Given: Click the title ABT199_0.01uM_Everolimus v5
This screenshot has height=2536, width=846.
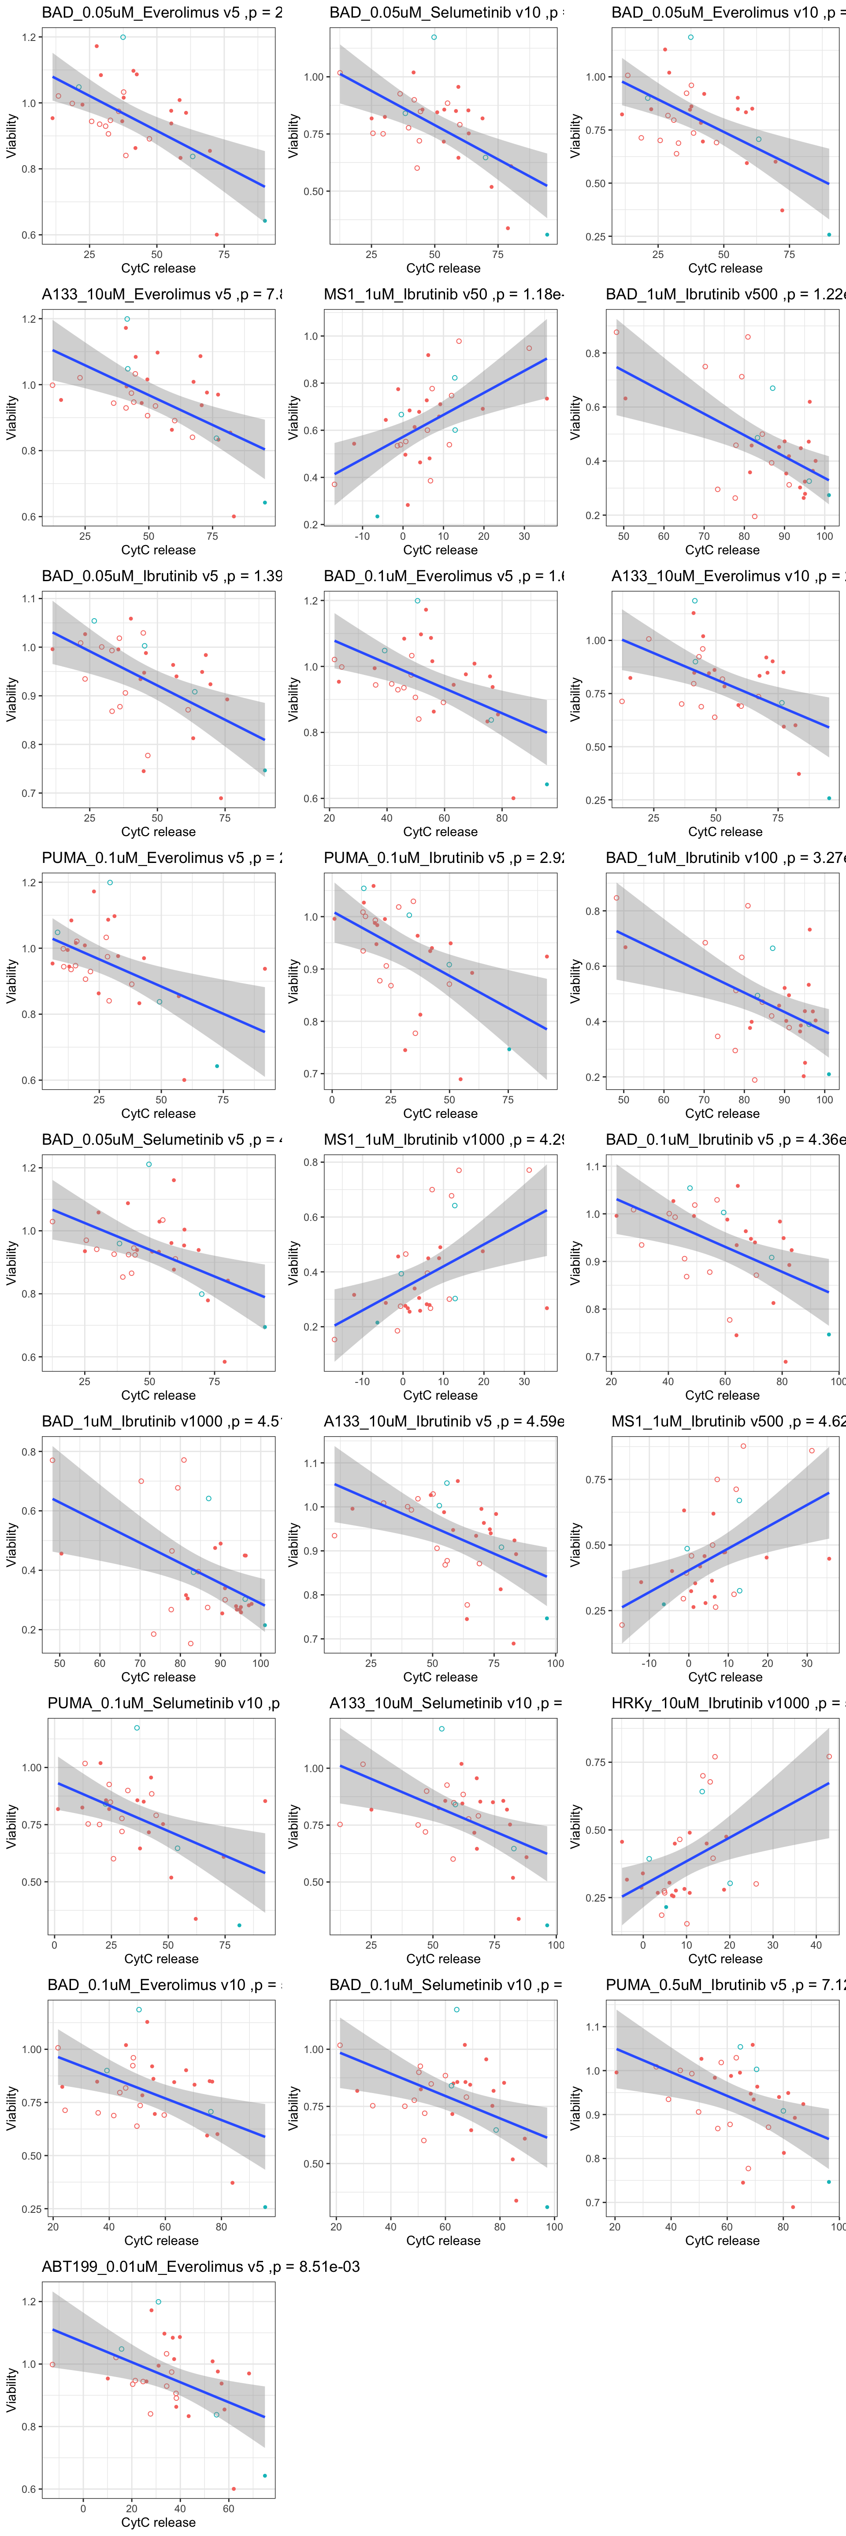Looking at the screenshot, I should tap(200, 2266).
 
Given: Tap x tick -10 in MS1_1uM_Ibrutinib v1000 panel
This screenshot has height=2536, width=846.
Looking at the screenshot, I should tap(363, 1381).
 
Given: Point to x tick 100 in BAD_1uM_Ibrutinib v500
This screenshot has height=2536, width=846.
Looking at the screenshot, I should tap(824, 537).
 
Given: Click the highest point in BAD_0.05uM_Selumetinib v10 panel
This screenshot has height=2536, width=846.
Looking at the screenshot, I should tap(433, 37).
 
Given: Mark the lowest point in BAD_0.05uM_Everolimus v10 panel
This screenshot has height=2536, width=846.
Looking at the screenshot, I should tap(828, 234).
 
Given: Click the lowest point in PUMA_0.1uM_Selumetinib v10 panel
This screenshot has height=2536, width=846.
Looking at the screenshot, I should tap(239, 1924).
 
